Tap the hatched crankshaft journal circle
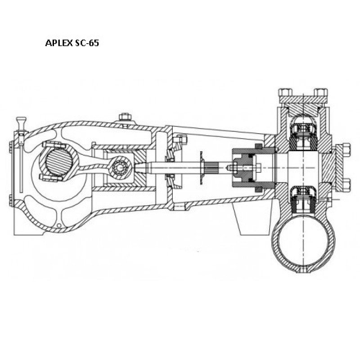[x=59, y=162]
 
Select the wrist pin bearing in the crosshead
[x=120, y=167]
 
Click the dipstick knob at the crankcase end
[x=21, y=120]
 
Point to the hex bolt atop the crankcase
[x=125, y=117]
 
